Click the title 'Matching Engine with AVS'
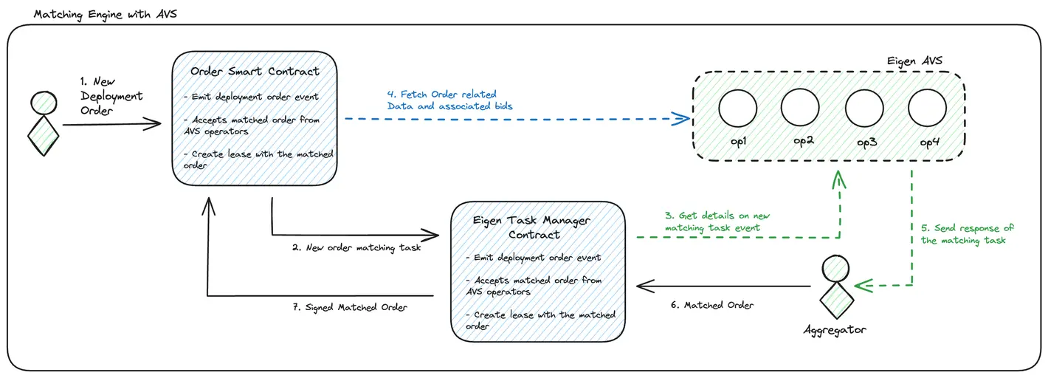tap(106, 14)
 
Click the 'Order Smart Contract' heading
tap(255, 72)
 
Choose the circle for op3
tap(863, 109)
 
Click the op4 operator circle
tap(927, 109)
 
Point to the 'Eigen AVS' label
tap(914, 61)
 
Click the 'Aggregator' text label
tap(834, 329)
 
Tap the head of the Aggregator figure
tap(834, 267)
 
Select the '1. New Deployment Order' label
tap(111, 96)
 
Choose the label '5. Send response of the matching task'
tap(968, 234)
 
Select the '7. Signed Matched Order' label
tap(356, 307)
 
